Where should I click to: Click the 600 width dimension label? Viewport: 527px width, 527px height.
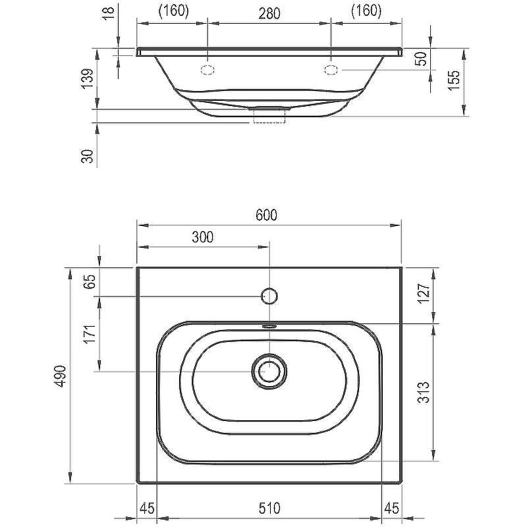[x=266, y=215]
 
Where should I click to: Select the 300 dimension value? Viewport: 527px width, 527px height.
[x=203, y=237]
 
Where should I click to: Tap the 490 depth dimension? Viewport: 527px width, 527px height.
[x=61, y=375]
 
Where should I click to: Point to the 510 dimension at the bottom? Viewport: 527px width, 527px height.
[x=269, y=508]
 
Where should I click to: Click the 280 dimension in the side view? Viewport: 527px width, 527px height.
[x=269, y=13]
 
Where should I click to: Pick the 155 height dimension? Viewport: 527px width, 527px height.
[x=453, y=80]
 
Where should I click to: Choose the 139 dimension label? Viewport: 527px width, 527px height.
[x=88, y=79]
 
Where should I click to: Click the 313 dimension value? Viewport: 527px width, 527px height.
[x=424, y=392]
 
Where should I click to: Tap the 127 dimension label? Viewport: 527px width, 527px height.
[x=424, y=293]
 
